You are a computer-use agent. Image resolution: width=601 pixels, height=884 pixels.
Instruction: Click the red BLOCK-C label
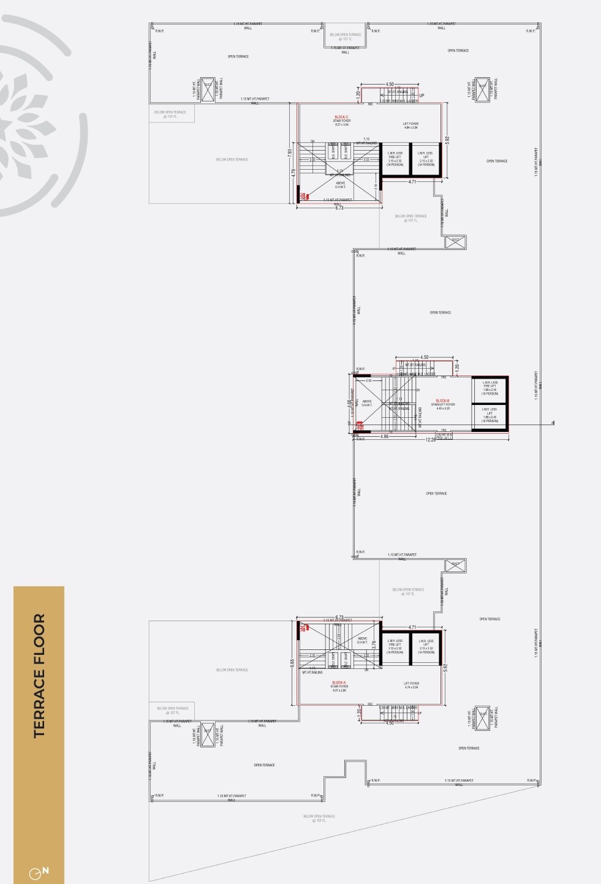click(341, 117)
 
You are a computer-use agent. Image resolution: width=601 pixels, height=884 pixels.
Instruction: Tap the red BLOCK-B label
click(442, 401)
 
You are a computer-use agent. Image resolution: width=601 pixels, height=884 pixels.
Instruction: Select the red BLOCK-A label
click(339, 682)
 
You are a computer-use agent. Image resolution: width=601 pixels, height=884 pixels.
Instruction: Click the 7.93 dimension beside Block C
click(290, 153)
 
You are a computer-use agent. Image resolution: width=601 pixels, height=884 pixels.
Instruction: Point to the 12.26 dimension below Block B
click(431, 439)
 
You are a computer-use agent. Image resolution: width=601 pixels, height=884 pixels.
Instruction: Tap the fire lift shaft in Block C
click(395, 159)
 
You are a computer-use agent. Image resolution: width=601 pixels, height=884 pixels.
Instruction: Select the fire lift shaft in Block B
click(489, 388)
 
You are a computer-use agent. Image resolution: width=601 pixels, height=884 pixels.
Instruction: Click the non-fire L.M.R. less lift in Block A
click(426, 647)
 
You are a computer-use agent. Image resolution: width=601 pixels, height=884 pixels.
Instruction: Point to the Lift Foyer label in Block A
click(411, 685)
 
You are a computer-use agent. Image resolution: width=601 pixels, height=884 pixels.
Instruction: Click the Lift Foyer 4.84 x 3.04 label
click(410, 126)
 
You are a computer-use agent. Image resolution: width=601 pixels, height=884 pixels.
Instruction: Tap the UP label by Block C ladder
click(421, 96)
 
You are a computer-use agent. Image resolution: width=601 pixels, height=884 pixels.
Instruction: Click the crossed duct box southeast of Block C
click(455, 242)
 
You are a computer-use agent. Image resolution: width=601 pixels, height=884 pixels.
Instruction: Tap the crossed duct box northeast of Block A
click(455, 565)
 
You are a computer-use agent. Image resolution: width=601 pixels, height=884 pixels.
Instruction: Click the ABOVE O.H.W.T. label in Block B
click(366, 403)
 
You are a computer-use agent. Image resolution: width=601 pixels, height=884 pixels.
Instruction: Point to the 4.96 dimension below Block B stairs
click(384, 436)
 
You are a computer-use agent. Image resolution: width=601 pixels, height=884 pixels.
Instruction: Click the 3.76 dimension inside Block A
click(374, 644)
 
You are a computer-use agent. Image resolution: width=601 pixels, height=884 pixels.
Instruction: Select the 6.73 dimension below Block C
click(339, 208)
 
